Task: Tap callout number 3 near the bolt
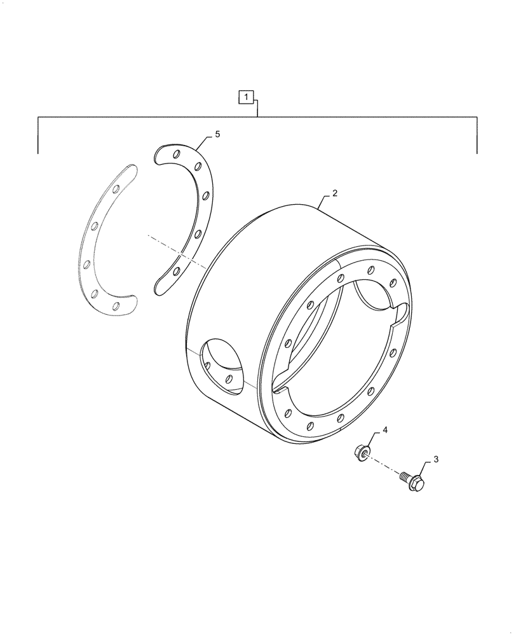437,459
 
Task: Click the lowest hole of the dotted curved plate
116,307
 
